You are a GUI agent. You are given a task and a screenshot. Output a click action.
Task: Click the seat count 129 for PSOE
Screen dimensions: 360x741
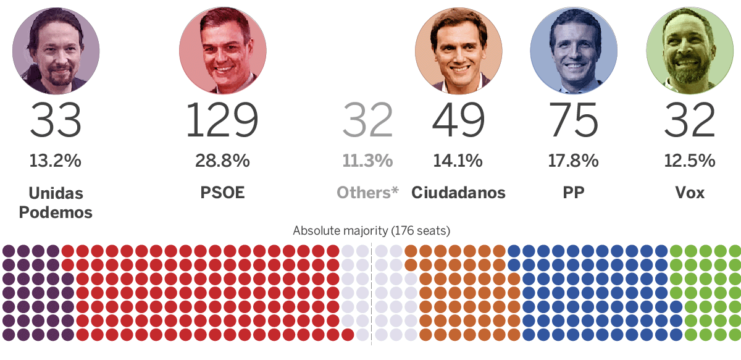[x=222, y=120]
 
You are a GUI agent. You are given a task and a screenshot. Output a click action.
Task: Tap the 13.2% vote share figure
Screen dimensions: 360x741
[x=55, y=161]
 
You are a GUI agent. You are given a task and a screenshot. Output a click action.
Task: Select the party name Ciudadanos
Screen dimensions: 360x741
[x=458, y=193]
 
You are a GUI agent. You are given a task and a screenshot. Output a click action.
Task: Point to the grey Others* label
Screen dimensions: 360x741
[x=367, y=193]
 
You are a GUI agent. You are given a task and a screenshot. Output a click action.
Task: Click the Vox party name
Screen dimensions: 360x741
[x=690, y=193]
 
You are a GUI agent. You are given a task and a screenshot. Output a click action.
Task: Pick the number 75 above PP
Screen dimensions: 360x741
[x=574, y=120]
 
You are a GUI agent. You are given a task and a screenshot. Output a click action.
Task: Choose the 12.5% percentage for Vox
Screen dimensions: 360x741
[x=690, y=161]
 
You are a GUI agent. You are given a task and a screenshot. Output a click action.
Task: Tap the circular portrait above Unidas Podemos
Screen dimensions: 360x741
[x=56, y=50]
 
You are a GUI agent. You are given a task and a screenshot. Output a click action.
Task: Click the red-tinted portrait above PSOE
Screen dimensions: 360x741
[x=222, y=50]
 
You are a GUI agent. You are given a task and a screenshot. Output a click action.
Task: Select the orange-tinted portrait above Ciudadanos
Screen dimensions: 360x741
[x=458, y=50]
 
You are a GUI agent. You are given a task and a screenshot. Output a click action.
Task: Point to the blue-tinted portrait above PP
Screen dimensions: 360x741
[x=574, y=50]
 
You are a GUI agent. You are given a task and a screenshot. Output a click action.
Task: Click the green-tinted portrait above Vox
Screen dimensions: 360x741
[x=690, y=50]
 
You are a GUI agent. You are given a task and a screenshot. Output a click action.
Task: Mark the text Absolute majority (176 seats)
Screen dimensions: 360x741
[x=371, y=231]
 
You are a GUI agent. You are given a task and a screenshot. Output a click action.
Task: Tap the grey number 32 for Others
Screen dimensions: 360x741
[x=367, y=120]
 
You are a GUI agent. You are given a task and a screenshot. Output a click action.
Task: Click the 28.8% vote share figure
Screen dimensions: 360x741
[x=222, y=161]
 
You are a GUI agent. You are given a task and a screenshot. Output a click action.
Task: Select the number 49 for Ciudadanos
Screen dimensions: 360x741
[x=458, y=120]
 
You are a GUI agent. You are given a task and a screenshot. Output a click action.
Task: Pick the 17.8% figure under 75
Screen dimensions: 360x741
[x=574, y=161]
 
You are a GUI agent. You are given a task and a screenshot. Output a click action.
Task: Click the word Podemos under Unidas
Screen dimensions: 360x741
[x=56, y=212]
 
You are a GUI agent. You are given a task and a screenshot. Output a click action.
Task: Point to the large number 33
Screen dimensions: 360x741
[x=56, y=120]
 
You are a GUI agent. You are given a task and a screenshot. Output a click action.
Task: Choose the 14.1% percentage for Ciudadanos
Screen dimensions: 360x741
[x=458, y=161]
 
